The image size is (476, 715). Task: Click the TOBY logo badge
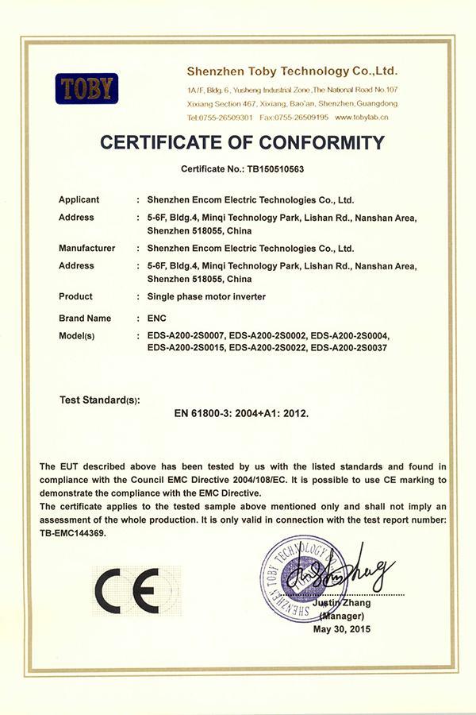pyautogui.click(x=86, y=88)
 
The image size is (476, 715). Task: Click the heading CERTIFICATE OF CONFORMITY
pyautogui.click(x=243, y=143)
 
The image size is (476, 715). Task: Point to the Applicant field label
pyautogui.click(x=79, y=199)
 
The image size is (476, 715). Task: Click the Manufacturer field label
pyautogui.click(x=87, y=248)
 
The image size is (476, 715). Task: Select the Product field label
pyautogui.click(x=75, y=296)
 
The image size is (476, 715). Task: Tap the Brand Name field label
pyautogui.click(x=84, y=318)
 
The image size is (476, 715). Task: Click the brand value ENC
pyautogui.click(x=157, y=318)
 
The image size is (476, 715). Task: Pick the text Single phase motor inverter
pyautogui.click(x=207, y=296)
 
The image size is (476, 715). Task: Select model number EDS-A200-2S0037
pyautogui.click(x=348, y=347)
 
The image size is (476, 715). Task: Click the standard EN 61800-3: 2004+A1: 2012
pyautogui.click(x=241, y=413)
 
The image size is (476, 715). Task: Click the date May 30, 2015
pyautogui.click(x=342, y=629)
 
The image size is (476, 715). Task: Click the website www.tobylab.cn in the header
pyautogui.click(x=362, y=117)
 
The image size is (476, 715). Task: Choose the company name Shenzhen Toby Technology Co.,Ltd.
pyautogui.click(x=291, y=71)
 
